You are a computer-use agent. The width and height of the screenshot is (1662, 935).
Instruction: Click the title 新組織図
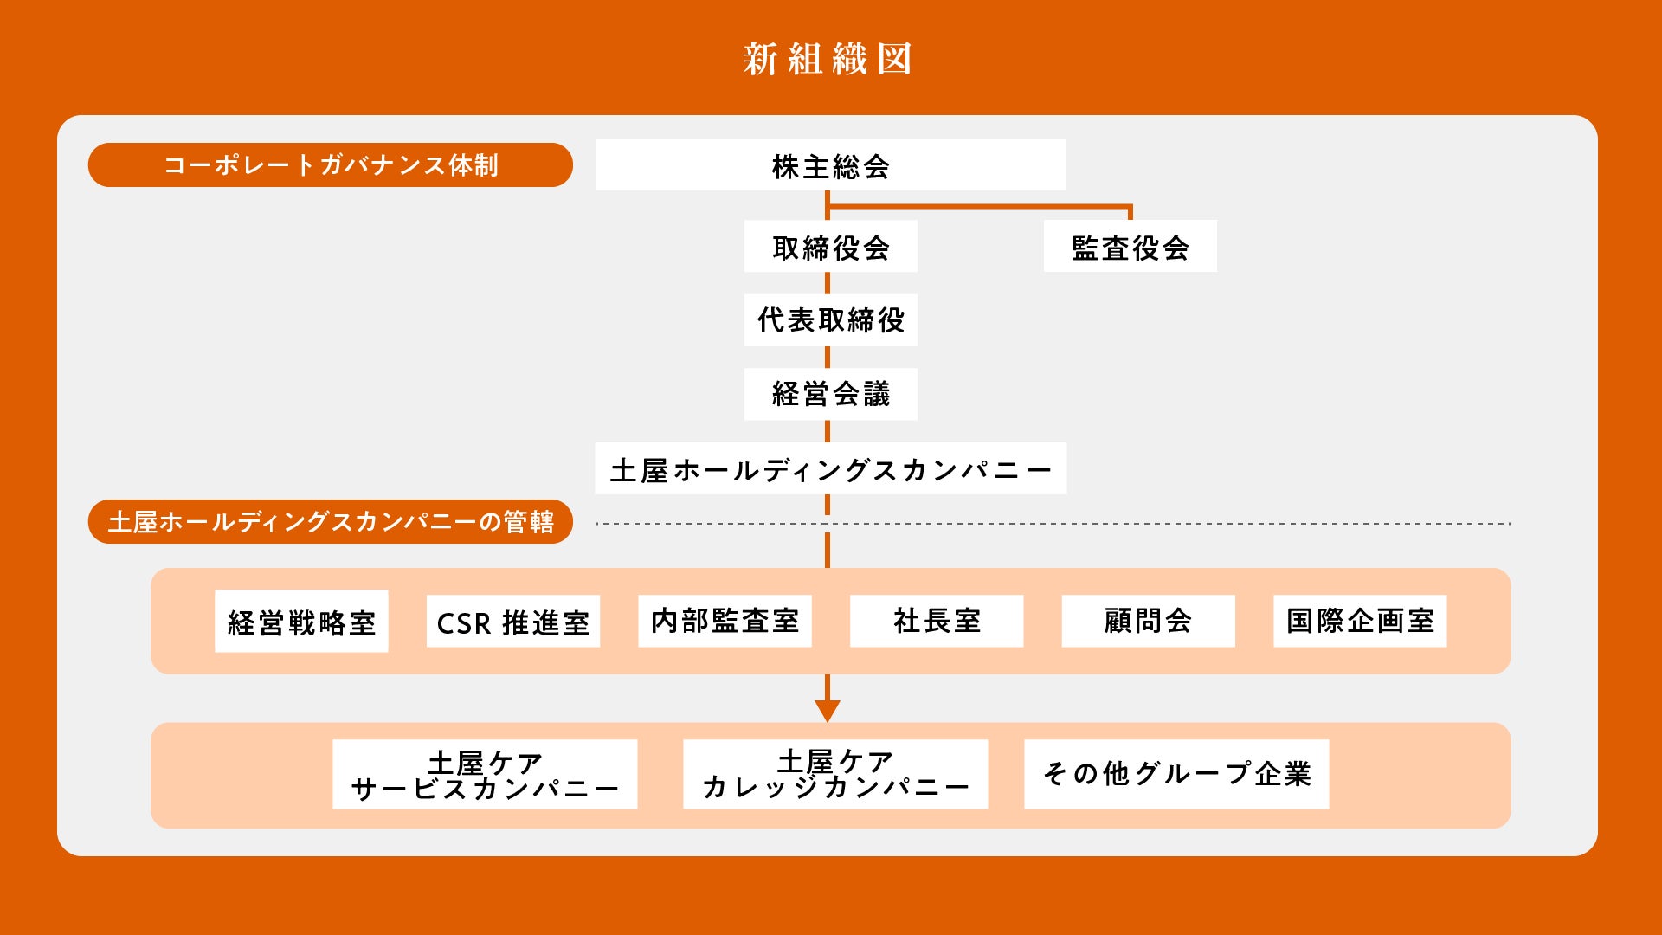pyautogui.click(x=828, y=59)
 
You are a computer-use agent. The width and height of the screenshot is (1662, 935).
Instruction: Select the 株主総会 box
pyautogui.click(x=830, y=164)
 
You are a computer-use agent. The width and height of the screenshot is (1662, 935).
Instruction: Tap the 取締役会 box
pyautogui.click(x=830, y=247)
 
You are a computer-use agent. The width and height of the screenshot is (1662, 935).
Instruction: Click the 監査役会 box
pyautogui.click(x=1130, y=247)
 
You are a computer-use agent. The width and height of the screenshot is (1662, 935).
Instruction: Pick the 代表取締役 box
pyautogui.click(x=830, y=319)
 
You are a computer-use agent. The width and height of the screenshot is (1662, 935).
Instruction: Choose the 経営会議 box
pyautogui.click(x=830, y=394)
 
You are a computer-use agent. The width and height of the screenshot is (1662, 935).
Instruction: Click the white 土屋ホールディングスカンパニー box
pyautogui.click(x=830, y=468)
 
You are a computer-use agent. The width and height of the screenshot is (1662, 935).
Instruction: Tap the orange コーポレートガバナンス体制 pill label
pyautogui.click(x=330, y=164)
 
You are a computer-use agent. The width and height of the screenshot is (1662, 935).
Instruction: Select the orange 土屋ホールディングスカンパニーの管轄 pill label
pyautogui.click(x=330, y=521)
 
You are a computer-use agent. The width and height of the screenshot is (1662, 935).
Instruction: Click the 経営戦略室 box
pyautogui.click(x=301, y=621)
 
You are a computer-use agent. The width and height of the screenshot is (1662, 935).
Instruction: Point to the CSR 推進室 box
pyautogui.click(x=512, y=621)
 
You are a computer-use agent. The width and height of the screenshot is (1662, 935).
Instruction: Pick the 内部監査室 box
pyautogui.click(x=725, y=621)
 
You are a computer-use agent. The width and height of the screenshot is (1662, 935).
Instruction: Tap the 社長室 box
pyautogui.click(x=936, y=621)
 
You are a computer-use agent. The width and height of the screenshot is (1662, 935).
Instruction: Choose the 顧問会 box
pyautogui.click(x=1148, y=621)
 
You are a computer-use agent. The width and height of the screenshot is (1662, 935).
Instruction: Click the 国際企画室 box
pyautogui.click(x=1359, y=621)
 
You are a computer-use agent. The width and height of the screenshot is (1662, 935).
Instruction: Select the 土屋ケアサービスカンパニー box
pyautogui.click(x=485, y=774)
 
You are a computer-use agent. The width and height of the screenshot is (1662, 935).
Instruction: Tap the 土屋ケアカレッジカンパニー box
pyautogui.click(x=834, y=774)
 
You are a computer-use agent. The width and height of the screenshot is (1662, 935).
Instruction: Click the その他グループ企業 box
pyautogui.click(x=1176, y=774)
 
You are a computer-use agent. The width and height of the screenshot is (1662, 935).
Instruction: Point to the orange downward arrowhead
pyautogui.click(x=828, y=711)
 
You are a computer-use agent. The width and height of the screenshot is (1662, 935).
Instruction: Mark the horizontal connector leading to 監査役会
pyautogui.click(x=978, y=206)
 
